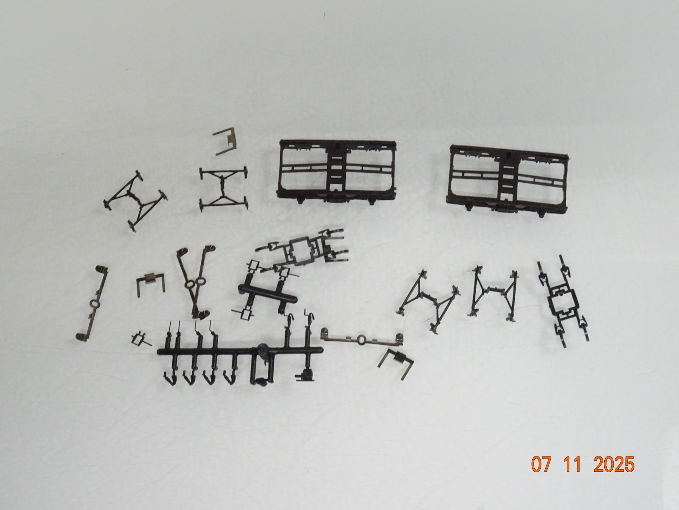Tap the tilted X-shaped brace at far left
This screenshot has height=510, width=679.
(x=135, y=200)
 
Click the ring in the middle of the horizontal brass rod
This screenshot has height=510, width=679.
(x=361, y=340)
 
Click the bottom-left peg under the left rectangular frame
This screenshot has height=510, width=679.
(x=301, y=201)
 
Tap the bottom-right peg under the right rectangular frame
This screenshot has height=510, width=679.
(x=541, y=214)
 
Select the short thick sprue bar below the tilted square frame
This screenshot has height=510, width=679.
(x=267, y=294)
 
